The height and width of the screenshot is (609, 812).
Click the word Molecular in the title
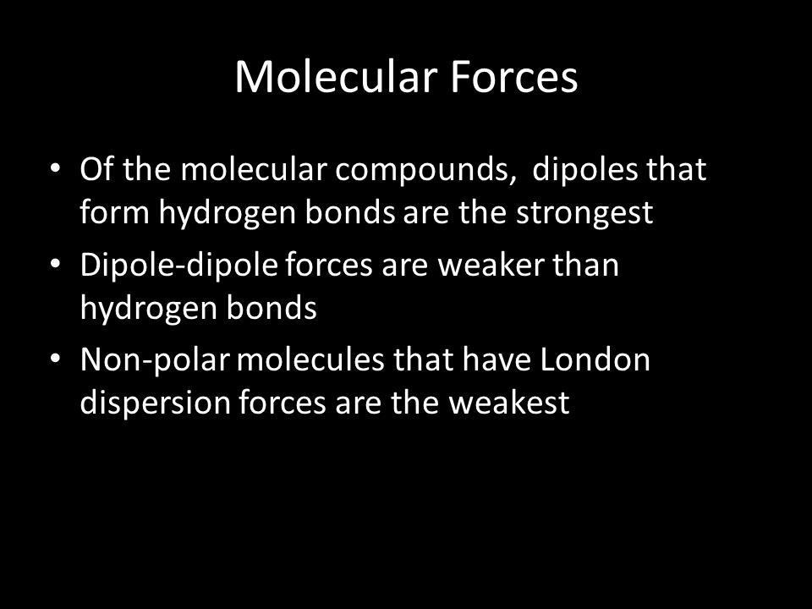point(337,77)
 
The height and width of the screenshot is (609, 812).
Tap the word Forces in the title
point(513,77)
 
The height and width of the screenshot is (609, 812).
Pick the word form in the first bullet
point(114,211)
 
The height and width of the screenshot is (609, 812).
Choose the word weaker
point(491,265)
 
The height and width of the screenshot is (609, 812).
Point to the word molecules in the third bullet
point(310,359)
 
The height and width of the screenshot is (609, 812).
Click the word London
point(595,359)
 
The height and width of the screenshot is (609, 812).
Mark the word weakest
point(509,403)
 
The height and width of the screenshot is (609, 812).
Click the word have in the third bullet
point(497,359)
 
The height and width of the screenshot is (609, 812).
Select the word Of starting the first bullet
point(96,169)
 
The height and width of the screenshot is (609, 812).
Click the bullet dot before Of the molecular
point(56,168)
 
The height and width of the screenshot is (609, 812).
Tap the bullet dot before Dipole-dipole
point(56,264)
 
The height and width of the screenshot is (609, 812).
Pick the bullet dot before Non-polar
point(56,359)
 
